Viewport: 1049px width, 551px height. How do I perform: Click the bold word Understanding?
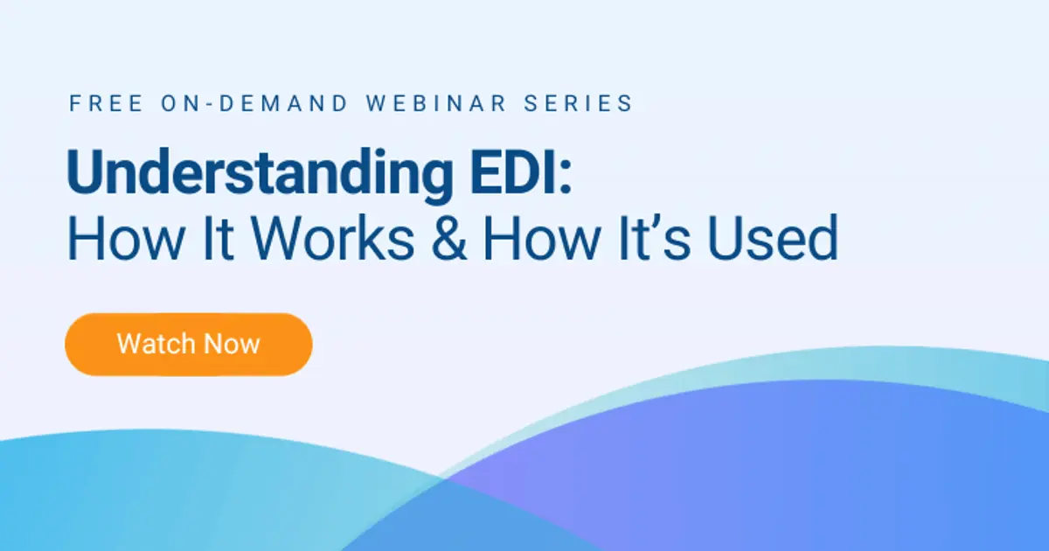(254, 176)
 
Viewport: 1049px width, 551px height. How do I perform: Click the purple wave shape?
(743, 472)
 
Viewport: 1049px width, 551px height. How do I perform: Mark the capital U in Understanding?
(85, 174)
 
